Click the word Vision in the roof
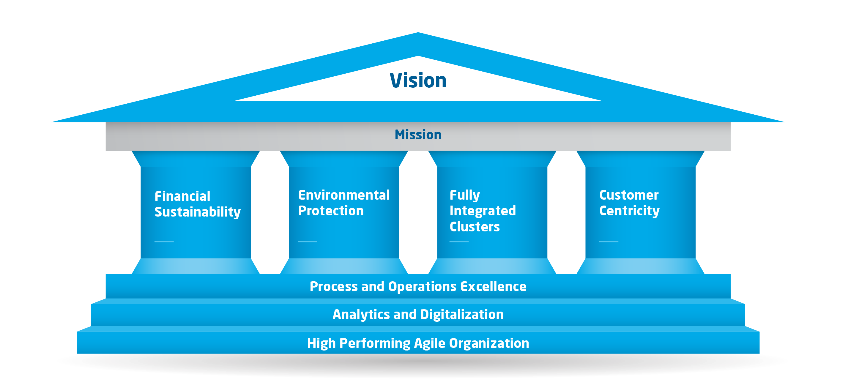tap(418, 80)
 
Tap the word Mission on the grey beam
tap(418, 135)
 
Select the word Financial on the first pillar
tap(182, 196)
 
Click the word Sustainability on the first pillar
tap(198, 212)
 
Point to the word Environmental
tap(344, 195)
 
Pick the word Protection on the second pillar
tap(331, 211)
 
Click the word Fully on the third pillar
tap(464, 195)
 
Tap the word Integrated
tap(483, 211)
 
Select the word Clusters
tap(475, 227)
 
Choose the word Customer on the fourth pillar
tap(629, 195)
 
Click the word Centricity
tap(629, 211)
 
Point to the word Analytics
tap(361, 315)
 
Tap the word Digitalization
tap(462, 315)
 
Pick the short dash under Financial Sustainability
tap(164, 241)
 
